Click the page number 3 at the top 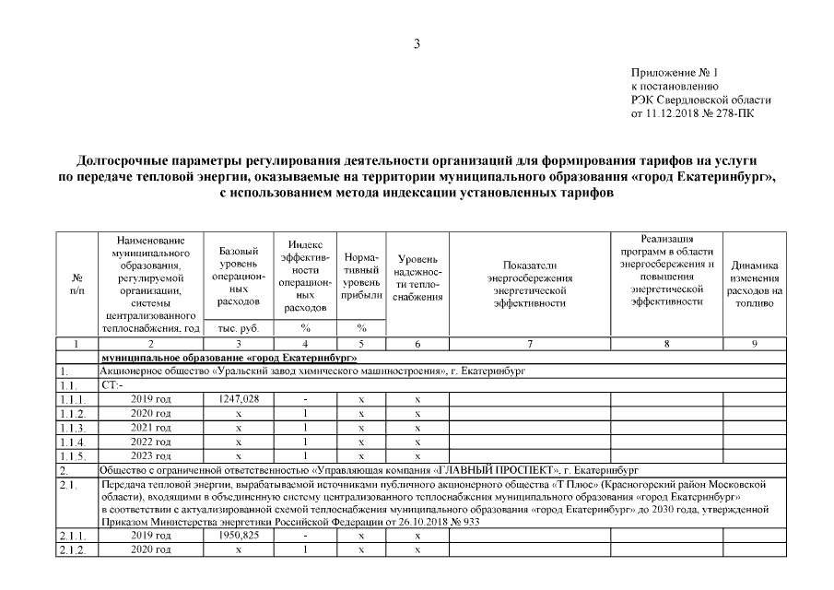click(417, 43)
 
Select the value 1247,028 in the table click(238, 399)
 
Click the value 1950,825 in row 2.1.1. click(238, 535)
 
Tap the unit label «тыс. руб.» click(238, 328)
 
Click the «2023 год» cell click(152, 456)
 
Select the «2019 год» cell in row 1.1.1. click(152, 399)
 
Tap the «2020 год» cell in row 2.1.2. click(152, 549)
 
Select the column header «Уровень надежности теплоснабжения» click(417, 277)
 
